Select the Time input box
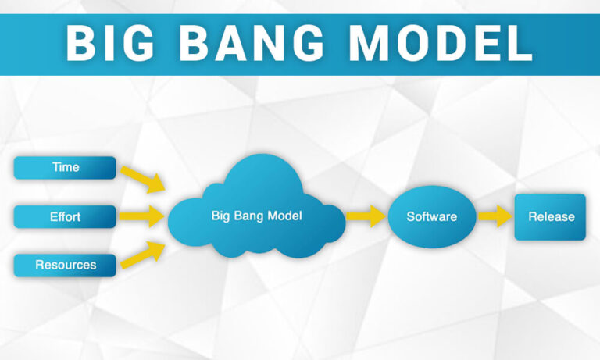[x=65, y=167]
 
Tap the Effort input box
[x=65, y=216]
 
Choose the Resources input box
[x=65, y=265]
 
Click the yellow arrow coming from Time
[x=144, y=177]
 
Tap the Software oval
[x=431, y=216]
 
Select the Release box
[x=550, y=216]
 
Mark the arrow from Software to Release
[x=494, y=216]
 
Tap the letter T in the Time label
[x=55, y=167]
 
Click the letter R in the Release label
[x=532, y=216]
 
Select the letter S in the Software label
[x=410, y=216]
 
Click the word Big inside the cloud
[x=221, y=215]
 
